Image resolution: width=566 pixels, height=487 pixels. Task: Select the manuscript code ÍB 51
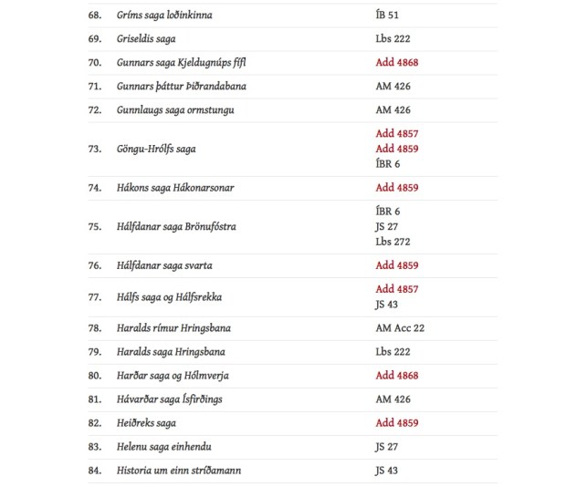(x=387, y=16)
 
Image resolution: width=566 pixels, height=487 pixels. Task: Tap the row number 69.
(x=95, y=39)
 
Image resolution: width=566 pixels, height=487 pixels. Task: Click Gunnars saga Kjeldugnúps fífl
(x=182, y=63)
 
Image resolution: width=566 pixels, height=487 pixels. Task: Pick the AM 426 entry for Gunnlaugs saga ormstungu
(x=393, y=110)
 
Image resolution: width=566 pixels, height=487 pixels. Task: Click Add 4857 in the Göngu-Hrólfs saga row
(x=396, y=133)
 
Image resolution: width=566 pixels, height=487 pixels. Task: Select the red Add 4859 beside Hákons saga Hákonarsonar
(x=396, y=188)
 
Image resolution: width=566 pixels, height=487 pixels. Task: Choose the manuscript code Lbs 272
(x=393, y=242)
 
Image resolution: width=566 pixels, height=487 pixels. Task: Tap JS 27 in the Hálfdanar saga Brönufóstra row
(x=387, y=226)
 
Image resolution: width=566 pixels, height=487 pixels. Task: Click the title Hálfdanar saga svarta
(x=164, y=265)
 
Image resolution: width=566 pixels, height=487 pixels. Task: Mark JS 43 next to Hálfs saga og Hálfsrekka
(x=387, y=305)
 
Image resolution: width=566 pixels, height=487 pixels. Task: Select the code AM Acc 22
(x=400, y=328)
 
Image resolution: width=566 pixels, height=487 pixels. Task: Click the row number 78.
(x=95, y=328)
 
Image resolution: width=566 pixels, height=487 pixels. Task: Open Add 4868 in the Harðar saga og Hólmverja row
(x=396, y=376)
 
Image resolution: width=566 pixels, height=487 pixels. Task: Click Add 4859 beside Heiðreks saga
(x=396, y=423)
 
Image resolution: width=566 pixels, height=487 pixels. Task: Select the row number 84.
(x=95, y=471)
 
